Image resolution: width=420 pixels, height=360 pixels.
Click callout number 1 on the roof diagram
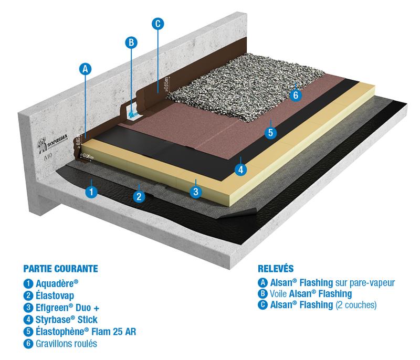pyautogui.click(x=91, y=191)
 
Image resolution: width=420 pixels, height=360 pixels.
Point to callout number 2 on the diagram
pyautogui.click(x=139, y=197)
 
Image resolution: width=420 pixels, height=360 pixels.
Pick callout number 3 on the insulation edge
pyautogui.click(x=195, y=191)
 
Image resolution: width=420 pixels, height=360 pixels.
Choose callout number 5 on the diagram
pyautogui.click(x=270, y=132)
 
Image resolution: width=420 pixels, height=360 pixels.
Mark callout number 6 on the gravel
pyautogui.click(x=296, y=95)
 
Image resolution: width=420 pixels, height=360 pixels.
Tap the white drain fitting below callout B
pyautogui.click(x=132, y=112)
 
